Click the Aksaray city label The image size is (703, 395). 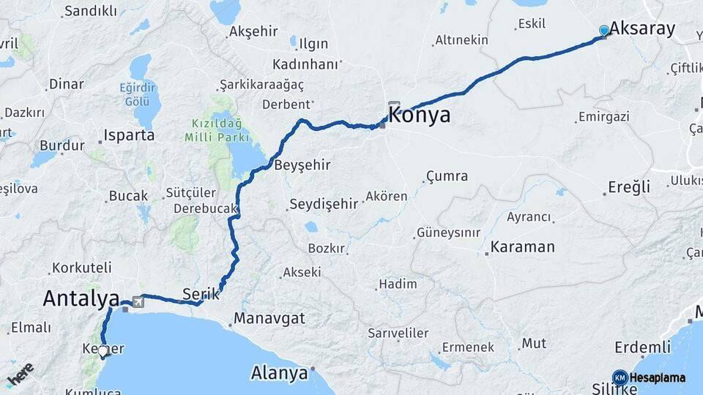pyautogui.click(x=641, y=29)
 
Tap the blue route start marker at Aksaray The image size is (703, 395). pyautogui.click(x=603, y=31)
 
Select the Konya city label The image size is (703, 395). pyautogui.click(x=420, y=116)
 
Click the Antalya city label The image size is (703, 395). pyautogui.click(x=81, y=298)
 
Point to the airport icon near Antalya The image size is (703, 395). pyautogui.click(x=138, y=301)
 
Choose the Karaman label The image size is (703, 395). pyautogui.click(x=522, y=247)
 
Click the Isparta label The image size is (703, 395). pyautogui.click(x=129, y=135)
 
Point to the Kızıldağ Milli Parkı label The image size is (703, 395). pyautogui.click(x=220, y=131)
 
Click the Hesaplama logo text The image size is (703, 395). pyautogui.click(x=658, y=378)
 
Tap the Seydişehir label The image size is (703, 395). pyautogui.click(x=324, y=205)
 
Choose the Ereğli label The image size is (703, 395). pyautogui.click(x=629, y=187)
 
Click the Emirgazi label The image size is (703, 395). pyautogui.click(x=603, y=117)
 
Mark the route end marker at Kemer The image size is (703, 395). pyautogui.click(x=103, y=352)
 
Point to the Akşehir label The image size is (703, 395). pyautogui.click(x=253, y=32)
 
